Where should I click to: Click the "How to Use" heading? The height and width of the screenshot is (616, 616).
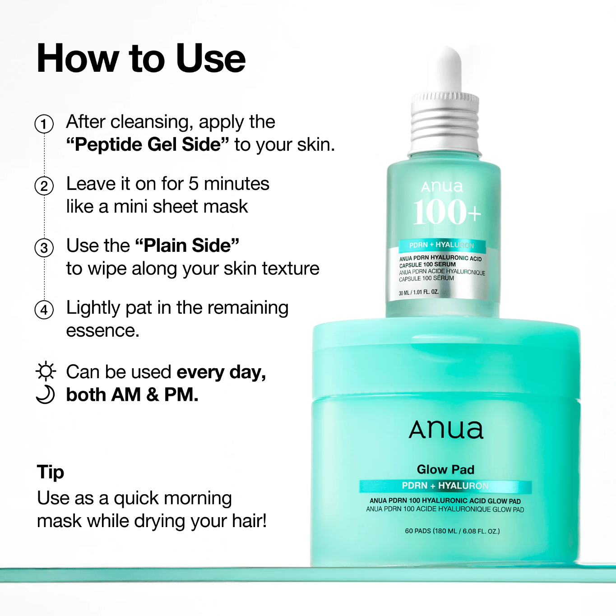(141, 59)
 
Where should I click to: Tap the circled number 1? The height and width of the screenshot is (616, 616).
(44, 124)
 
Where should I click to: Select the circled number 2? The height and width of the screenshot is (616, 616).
(44, 186)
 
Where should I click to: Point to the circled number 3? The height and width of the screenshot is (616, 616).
(44, 248)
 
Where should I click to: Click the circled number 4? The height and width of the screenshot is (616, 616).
(44, 310)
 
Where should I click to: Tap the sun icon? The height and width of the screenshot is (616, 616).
(46, 371)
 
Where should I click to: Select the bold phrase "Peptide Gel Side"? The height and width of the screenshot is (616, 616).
(147, 145)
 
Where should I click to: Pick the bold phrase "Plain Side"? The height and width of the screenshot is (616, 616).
(187, 246)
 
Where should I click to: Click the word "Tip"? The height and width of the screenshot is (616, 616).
(51, 472)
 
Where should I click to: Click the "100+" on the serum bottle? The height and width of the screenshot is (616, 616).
(447, 212)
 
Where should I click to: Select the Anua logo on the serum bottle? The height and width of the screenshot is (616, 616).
(442, 186)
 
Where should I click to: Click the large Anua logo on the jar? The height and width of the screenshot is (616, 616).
(446, 429)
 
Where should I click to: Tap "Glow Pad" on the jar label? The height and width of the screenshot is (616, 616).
(445, 469)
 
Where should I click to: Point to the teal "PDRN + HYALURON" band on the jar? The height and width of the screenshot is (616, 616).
(445, 486)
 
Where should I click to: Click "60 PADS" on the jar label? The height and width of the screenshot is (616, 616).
(418, 531)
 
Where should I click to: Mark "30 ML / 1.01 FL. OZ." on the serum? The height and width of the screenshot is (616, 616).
(419, 292)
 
